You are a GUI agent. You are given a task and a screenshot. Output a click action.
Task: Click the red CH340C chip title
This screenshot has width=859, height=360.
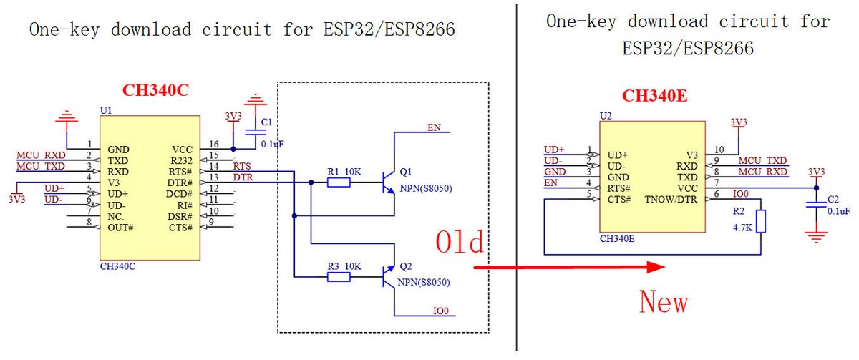click(x=156, y=90)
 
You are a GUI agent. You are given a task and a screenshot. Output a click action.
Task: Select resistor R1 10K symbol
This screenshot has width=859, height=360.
click(x=338, y=183)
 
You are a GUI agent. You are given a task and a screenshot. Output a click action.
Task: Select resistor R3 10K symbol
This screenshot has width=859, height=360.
click(x=338, y=277)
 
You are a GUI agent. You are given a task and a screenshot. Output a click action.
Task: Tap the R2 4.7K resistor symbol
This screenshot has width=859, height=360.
click(x=759, y=221)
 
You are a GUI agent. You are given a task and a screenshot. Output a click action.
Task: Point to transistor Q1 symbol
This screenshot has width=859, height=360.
click(x=387, y=183)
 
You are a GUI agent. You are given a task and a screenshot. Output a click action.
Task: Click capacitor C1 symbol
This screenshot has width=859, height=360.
click(x=252, y=132)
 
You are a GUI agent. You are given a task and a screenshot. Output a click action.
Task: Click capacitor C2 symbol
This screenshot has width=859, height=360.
click(x=813, y=204)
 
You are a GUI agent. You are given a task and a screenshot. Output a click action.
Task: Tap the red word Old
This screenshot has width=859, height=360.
click(x=461, y=242)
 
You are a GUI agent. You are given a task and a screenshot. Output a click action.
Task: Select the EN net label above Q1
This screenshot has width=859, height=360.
click(x=434, y=127)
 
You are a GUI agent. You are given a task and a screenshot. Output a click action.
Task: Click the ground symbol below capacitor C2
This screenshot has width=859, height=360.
click(x=813, y=237)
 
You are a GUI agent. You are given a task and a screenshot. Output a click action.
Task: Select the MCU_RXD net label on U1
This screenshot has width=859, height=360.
click(x=40, y=155)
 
